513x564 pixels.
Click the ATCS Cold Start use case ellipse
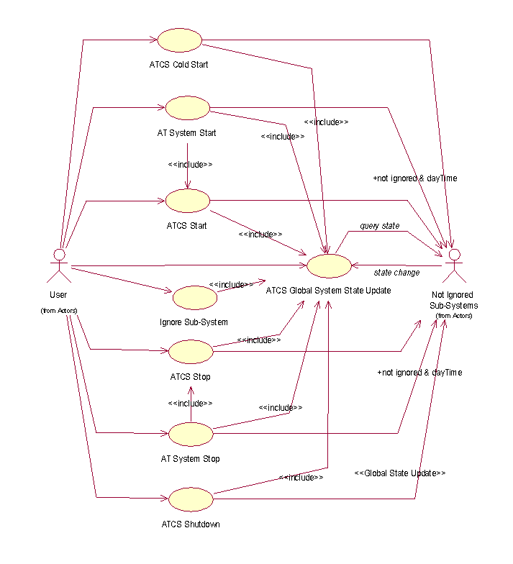pos(179,40)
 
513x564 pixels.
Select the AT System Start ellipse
pos(187,108)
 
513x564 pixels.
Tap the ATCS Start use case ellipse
pos(188,201)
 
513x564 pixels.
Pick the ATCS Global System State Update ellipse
pos(329,265)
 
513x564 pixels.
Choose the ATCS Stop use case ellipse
pos(191,352)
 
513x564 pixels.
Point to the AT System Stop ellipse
pos(191,434)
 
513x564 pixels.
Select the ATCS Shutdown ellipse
pos(191,499)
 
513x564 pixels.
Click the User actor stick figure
pos(59,265)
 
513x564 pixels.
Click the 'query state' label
pos(380,226)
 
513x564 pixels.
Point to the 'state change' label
pos(396,273)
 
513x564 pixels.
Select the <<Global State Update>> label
pos(400,473)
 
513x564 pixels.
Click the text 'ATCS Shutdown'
pos(191,524)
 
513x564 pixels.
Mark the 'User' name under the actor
pos(58,295)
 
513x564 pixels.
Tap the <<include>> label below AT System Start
pos(190,164)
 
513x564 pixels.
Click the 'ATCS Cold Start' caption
pos(178,65)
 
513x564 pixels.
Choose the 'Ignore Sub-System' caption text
pos(194,322)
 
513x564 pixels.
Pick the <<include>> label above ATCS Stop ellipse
pos(190,403)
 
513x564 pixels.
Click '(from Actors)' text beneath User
pos(58,310)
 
